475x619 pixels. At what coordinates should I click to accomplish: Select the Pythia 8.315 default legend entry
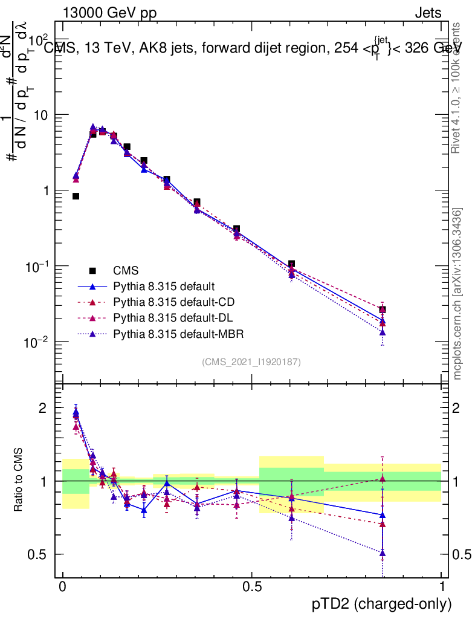click(164, 286)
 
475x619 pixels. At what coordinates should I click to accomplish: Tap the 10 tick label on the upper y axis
click(41, 115)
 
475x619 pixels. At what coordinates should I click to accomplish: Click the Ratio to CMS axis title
click(19, 481)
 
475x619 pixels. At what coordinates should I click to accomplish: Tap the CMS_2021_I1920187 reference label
click(251, 361)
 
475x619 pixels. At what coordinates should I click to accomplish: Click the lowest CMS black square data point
click(382, 309)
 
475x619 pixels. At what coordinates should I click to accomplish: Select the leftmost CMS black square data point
click(76, 196)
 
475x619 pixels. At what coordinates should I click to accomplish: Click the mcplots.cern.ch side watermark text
click(457, 293)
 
